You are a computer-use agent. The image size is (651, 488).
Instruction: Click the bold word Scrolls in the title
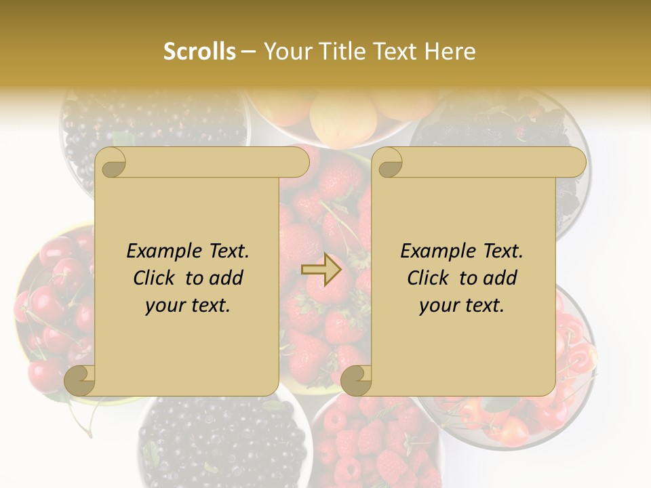click(x=199, y=52)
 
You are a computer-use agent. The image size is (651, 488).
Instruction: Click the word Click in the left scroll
click(x=157, y=278)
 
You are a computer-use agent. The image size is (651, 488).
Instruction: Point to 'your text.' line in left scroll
click(x=188, y=305)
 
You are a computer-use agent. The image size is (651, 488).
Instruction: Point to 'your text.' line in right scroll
click(x=462, y=305)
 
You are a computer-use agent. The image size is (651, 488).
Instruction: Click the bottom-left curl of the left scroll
click(x=81, y=380)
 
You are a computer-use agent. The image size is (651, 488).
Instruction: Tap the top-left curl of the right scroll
click(x=387, y=163)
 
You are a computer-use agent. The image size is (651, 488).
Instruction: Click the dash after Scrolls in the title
click(x=248, y=52)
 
